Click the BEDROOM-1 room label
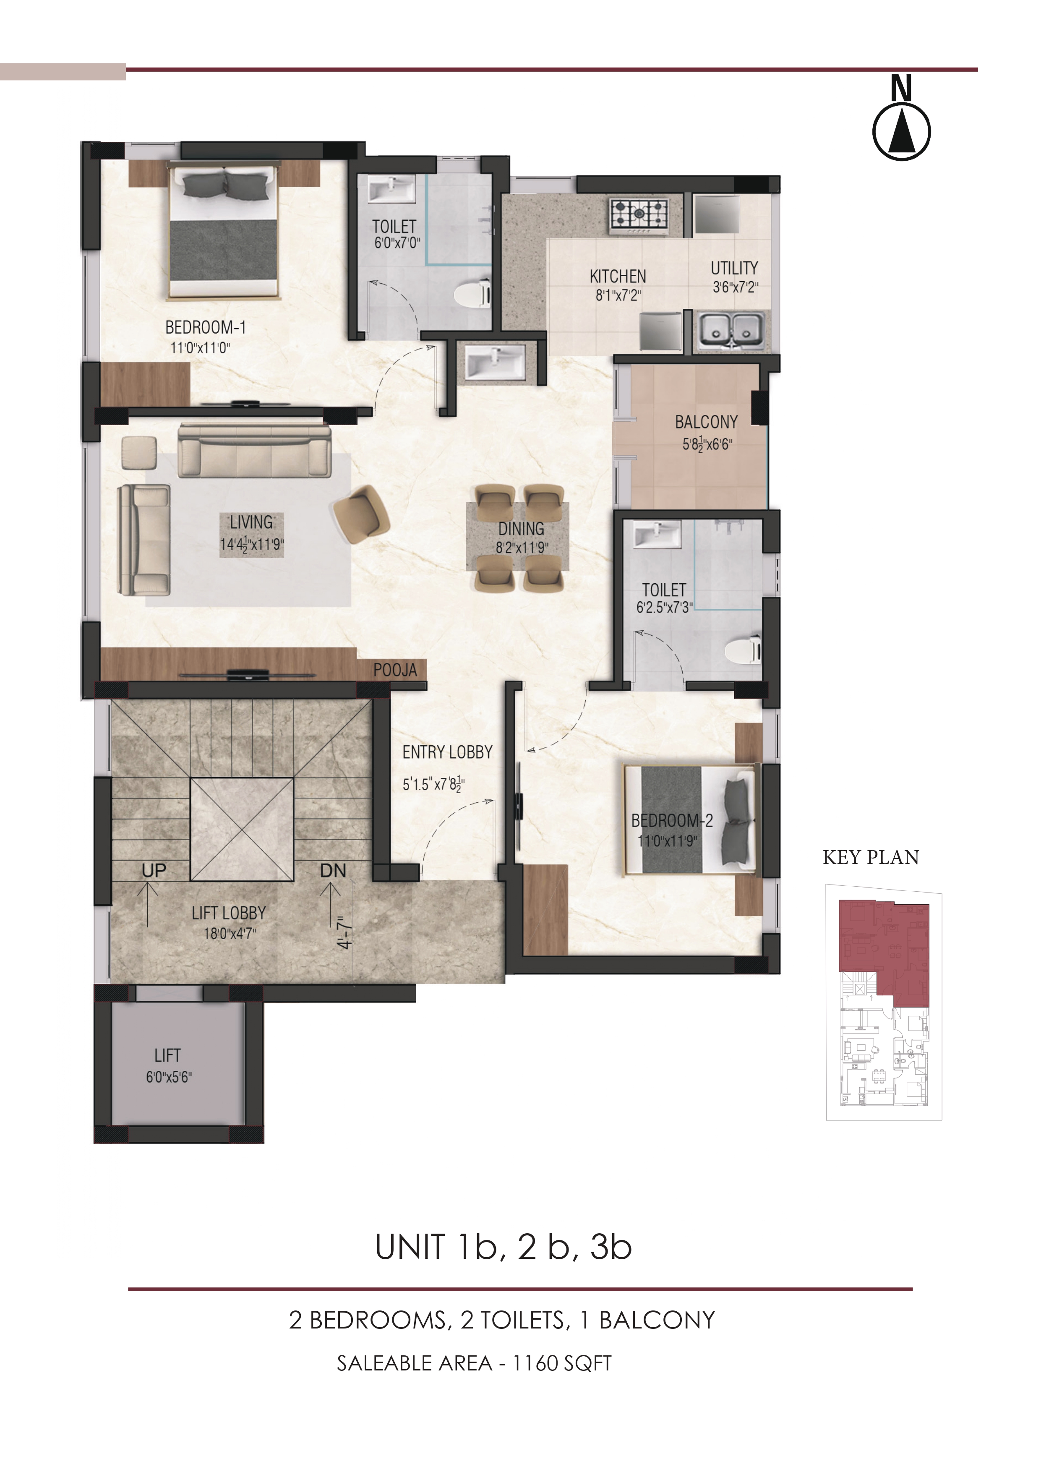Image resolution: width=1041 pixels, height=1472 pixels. [x=206, y=328]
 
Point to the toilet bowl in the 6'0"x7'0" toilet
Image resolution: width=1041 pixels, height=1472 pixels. [x=473, y=295]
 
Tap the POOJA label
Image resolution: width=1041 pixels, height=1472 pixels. [x=396, y=671]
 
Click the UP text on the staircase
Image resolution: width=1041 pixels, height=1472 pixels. [x=154, y=871]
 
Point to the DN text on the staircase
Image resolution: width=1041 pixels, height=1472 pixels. [x=333, y=871]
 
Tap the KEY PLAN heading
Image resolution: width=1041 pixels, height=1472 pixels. [x=871, y=857]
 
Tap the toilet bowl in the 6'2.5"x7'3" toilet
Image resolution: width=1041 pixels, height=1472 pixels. [x=744, y=651]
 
